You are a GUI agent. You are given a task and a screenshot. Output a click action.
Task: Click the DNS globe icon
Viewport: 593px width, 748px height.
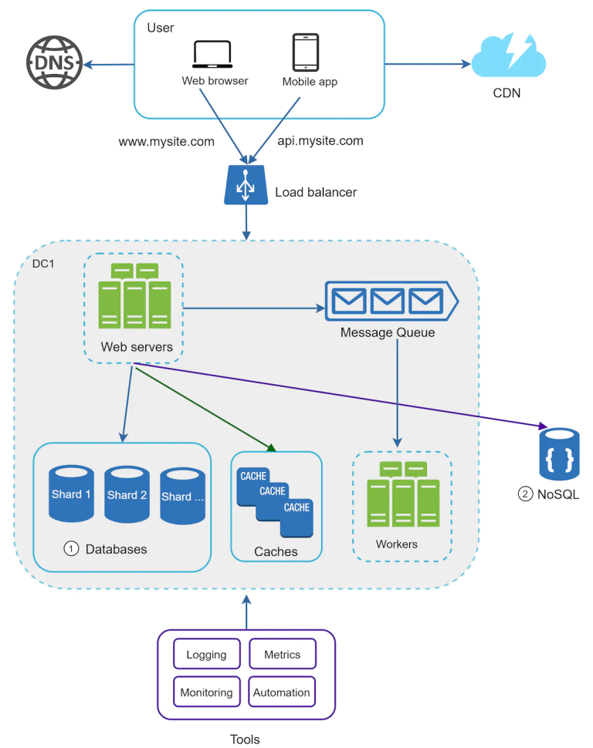[x=55, y=61]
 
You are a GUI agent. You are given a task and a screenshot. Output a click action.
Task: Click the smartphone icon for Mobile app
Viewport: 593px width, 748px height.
[x=306, y=52]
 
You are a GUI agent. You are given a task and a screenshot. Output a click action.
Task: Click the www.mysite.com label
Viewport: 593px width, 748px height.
[x=166, y=142]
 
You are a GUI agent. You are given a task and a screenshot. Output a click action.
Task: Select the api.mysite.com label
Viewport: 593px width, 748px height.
[x=320, y=141]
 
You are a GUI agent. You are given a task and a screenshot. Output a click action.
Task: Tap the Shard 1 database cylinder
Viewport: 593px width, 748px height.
[x=71, y=494]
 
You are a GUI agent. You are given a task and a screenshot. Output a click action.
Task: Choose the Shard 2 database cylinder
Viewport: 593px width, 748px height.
[x=127, y=494]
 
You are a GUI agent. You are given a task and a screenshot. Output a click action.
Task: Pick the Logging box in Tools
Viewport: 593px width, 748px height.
[x=206, y=655]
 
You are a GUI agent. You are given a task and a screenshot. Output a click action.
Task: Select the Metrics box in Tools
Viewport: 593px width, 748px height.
[x=282, y=654]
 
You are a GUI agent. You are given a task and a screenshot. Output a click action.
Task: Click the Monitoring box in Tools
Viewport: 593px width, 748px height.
[x=206, y=692]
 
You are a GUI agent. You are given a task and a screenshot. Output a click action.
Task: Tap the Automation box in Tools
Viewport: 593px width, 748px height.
[x=282, y=692]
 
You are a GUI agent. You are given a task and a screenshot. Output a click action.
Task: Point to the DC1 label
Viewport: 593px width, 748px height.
[x=42, y=264]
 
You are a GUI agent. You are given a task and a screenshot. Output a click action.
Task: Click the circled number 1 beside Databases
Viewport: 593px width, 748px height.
[x=71, y=549]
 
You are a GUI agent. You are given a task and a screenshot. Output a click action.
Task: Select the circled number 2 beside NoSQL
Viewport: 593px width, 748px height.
[x=525, y=494]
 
